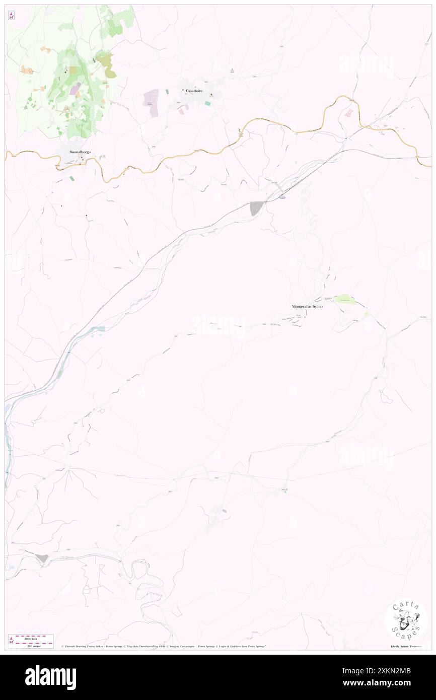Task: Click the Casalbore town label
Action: [194, 91]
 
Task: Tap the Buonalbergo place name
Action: [80, 152]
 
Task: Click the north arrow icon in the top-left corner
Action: [12, 16]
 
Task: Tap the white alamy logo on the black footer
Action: [50, 677]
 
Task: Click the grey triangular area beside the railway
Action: [256, 207]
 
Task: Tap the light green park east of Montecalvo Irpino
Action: [345, 300]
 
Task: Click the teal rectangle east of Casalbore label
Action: [207, 103]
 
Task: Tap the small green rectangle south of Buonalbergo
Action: [71, 179]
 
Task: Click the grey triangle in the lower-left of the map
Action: [41, 557]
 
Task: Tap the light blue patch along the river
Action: [99, 328]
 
